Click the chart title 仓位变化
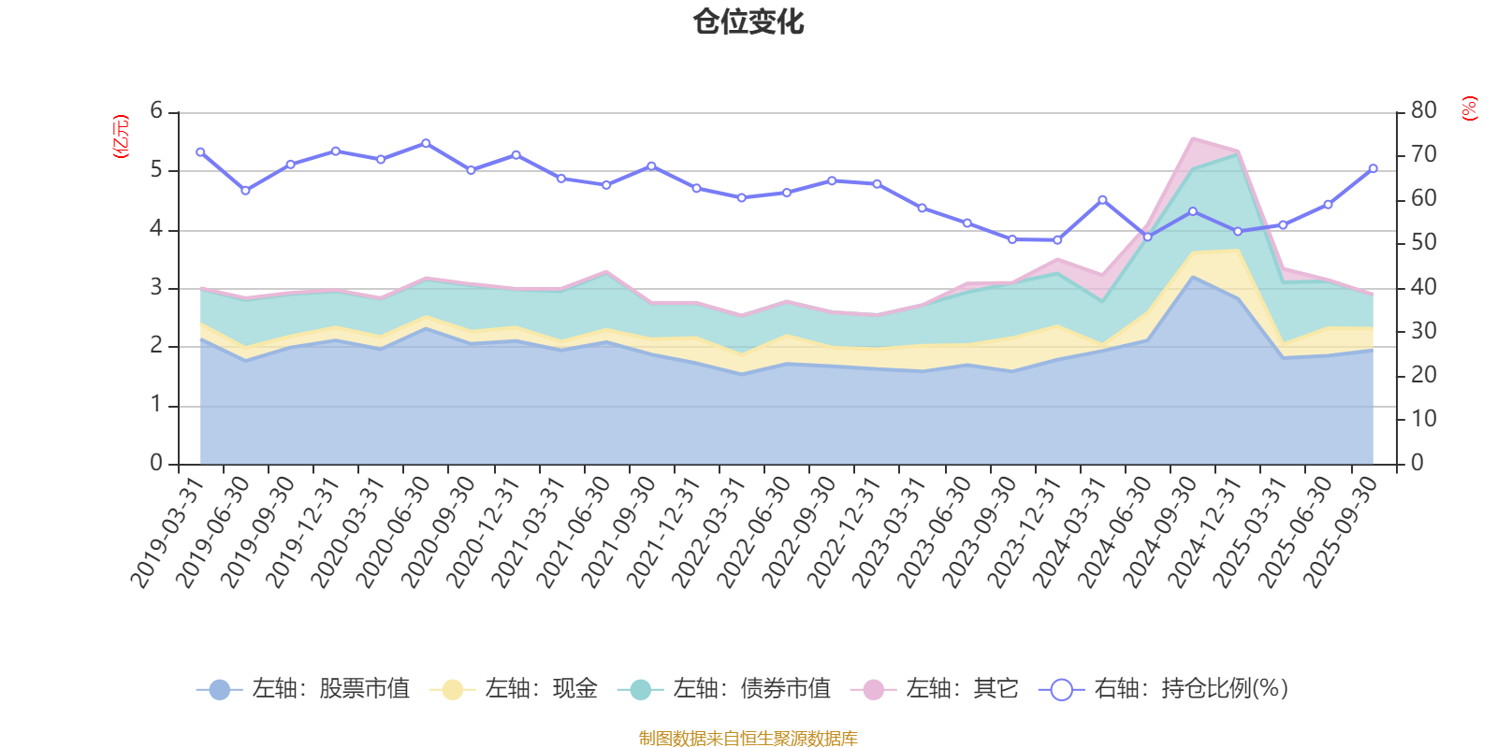click(748, 22)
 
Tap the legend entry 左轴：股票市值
click(303, 689)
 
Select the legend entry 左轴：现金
click(514, 689)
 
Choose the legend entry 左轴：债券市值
click(724, 689)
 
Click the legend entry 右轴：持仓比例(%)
click(1164, 689)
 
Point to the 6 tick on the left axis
click(156, 111)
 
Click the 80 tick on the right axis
click(1423, 110)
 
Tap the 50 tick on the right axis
click(1423, 243)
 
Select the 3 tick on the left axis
click(156, 288)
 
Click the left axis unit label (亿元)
click(121, 137)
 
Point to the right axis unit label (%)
click(1470, 108)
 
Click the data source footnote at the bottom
click(748, 739)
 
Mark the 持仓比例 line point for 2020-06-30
click(426, 143)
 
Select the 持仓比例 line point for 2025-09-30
click(1373, 169)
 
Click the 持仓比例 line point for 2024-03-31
click(1102, 200)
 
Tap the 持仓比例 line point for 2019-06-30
click(245, 191)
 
